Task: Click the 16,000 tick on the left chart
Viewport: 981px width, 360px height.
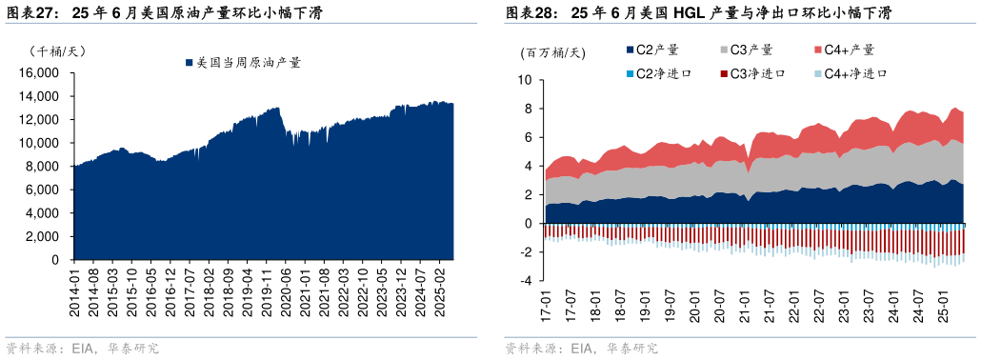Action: tap(42, 73)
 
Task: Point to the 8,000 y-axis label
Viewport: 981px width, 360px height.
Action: tap(45, 167)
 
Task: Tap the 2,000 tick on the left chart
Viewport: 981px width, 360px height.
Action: tap(45, 237)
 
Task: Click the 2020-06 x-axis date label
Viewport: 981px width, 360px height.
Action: tap(287, 288)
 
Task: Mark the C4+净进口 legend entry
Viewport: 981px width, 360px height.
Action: tap(853, 73)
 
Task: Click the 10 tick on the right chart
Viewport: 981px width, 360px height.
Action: tap(524, 80)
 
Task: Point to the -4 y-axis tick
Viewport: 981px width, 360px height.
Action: tap(525, 281)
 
